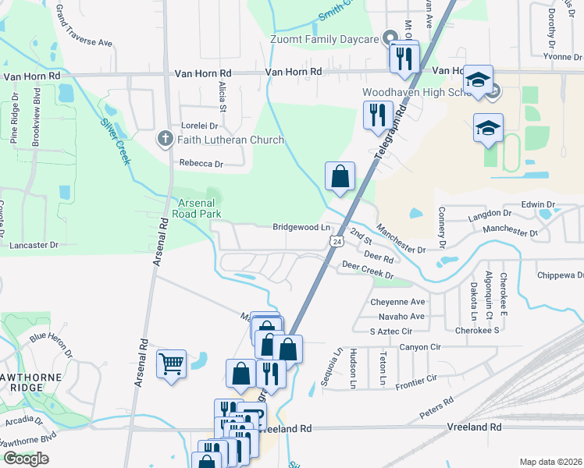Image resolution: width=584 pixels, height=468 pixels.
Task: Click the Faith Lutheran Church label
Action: point(230,140)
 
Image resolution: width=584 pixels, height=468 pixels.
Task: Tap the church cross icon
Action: point(165,140)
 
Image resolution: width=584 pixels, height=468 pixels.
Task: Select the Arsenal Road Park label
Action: point(196,207)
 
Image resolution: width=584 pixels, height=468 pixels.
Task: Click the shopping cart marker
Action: point(171,363)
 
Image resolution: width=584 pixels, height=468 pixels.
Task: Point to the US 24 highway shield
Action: point(335,243)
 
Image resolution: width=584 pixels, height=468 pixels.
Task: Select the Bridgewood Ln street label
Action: point(301,228)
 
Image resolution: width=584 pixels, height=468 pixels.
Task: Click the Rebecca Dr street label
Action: point(201,164)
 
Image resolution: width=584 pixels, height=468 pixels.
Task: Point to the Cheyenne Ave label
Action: point(397,302)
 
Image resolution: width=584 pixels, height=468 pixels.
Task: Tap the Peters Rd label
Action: point(436,407)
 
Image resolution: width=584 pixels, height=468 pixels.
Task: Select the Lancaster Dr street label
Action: point(34,245)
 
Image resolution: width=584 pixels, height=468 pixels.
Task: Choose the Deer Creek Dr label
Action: point(367,270)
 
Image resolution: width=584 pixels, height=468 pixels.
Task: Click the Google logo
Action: point(25,459)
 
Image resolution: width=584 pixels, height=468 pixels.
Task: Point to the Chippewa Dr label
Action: point(560,275)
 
